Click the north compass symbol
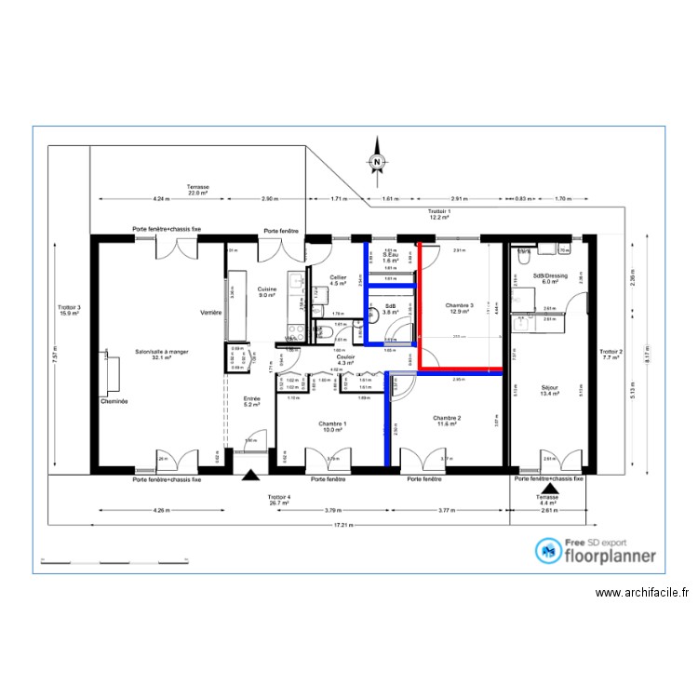coord(377,161)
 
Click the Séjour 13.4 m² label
coord(552,390)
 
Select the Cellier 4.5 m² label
coord(339,280)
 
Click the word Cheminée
coord(114,402)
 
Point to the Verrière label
coord(211,313)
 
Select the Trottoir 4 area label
coord(280,500)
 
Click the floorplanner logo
coord(596,552)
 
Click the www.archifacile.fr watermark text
coord(641,593)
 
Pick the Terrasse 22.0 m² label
coord(197,189)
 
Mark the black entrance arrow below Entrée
coord(249,476)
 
